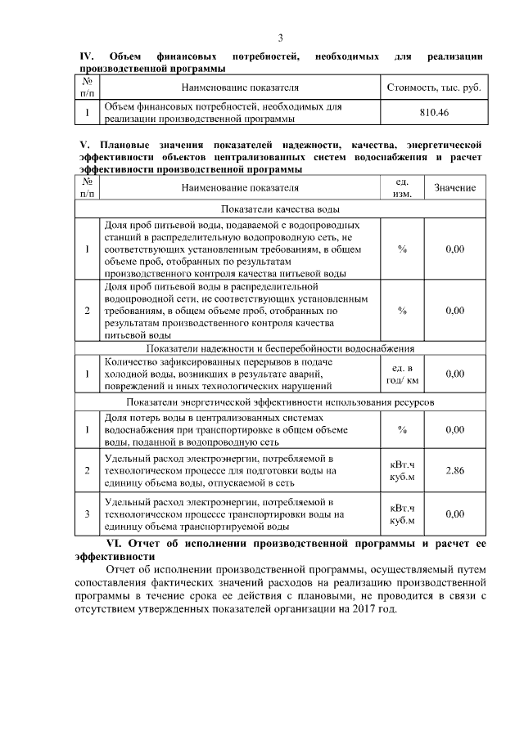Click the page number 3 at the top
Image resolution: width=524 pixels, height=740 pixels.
tap(280, 38)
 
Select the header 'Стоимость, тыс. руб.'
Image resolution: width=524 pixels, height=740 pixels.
tap(434, 86)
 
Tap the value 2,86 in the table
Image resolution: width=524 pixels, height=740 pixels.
tap(454, 471)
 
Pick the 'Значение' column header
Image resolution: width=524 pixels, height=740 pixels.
tap(454, 188)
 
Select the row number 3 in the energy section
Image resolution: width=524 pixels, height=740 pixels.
tap(87, 514)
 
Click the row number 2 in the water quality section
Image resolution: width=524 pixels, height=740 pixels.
tap(87, 311)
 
